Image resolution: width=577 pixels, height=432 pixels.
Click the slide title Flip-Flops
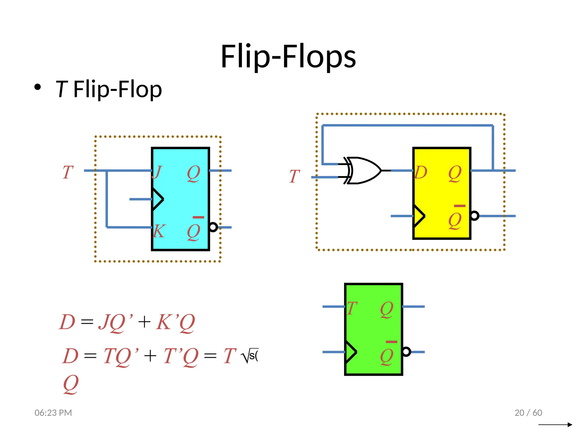coord(288,57)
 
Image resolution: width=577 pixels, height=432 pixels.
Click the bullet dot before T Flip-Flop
coord(37,87)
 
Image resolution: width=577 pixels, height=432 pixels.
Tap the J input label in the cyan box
coord(157,172)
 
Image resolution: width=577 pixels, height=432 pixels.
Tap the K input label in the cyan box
coord(159,231)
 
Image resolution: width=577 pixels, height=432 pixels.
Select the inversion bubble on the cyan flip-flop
coord(213,227)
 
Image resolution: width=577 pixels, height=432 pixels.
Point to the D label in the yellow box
coord(421,172)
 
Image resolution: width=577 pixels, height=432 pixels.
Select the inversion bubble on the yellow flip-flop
coord(474,216)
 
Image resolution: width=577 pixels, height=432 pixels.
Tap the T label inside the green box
coord(352,308)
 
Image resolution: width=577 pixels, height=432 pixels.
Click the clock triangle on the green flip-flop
coord(351,352)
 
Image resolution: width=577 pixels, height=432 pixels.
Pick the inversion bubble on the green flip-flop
coord(406,352)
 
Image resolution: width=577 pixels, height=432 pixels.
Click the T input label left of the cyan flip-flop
coord(68,172)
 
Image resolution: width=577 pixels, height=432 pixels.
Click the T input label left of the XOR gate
coord(294,176)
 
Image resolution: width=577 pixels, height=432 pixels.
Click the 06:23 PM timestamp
coord(53,413)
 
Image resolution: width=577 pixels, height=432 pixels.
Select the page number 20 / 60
coord(528,413)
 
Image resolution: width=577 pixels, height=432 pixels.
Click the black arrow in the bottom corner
coord(555,424)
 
